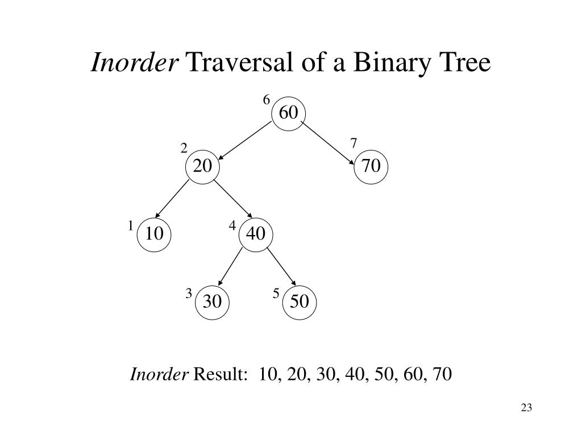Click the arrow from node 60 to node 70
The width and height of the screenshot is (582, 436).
[327, 143]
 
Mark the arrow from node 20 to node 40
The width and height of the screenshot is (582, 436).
[233, 199]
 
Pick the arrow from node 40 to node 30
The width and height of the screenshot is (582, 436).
[230, 267]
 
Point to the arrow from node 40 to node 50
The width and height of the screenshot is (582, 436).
[281, 267]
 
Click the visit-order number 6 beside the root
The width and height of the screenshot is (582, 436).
[267, 100]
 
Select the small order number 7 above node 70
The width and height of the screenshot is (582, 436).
[354, 143]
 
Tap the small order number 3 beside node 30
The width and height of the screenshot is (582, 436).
[189, 294]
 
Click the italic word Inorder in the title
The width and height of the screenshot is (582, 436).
[135, 62]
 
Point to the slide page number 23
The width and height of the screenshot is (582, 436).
[526, 408]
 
